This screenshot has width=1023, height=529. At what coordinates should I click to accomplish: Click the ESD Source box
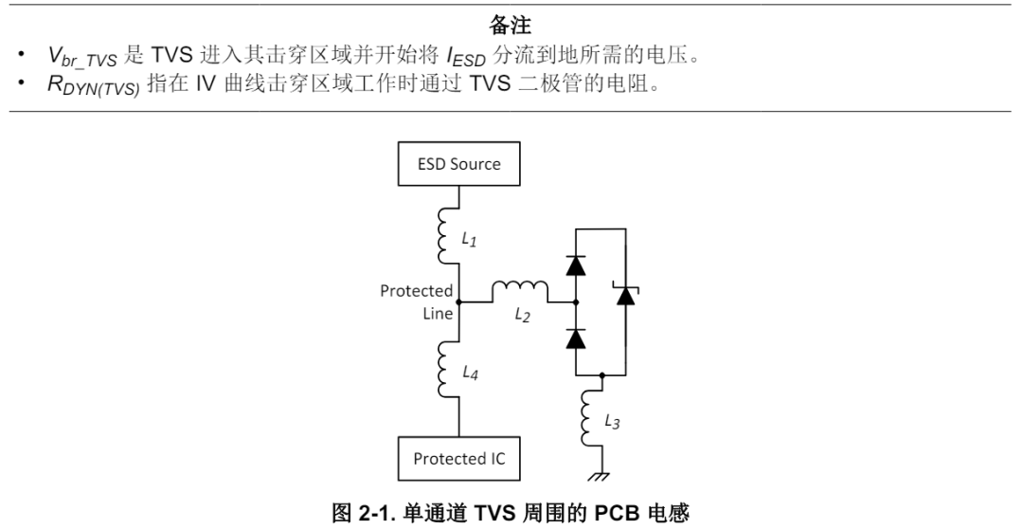point(459,164)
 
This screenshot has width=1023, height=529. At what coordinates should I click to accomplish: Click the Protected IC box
point(459,459)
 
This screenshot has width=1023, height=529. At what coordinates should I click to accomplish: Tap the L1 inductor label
point(469,241)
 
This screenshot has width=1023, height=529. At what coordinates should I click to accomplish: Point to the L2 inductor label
point(522,316)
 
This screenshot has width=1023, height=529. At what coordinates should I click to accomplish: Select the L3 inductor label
point(612,422)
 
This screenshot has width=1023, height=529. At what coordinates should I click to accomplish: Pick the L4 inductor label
point(469,374)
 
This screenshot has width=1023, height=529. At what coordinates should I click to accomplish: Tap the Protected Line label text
point(417,302)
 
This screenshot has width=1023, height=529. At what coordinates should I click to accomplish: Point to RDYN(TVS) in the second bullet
point(94,87)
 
